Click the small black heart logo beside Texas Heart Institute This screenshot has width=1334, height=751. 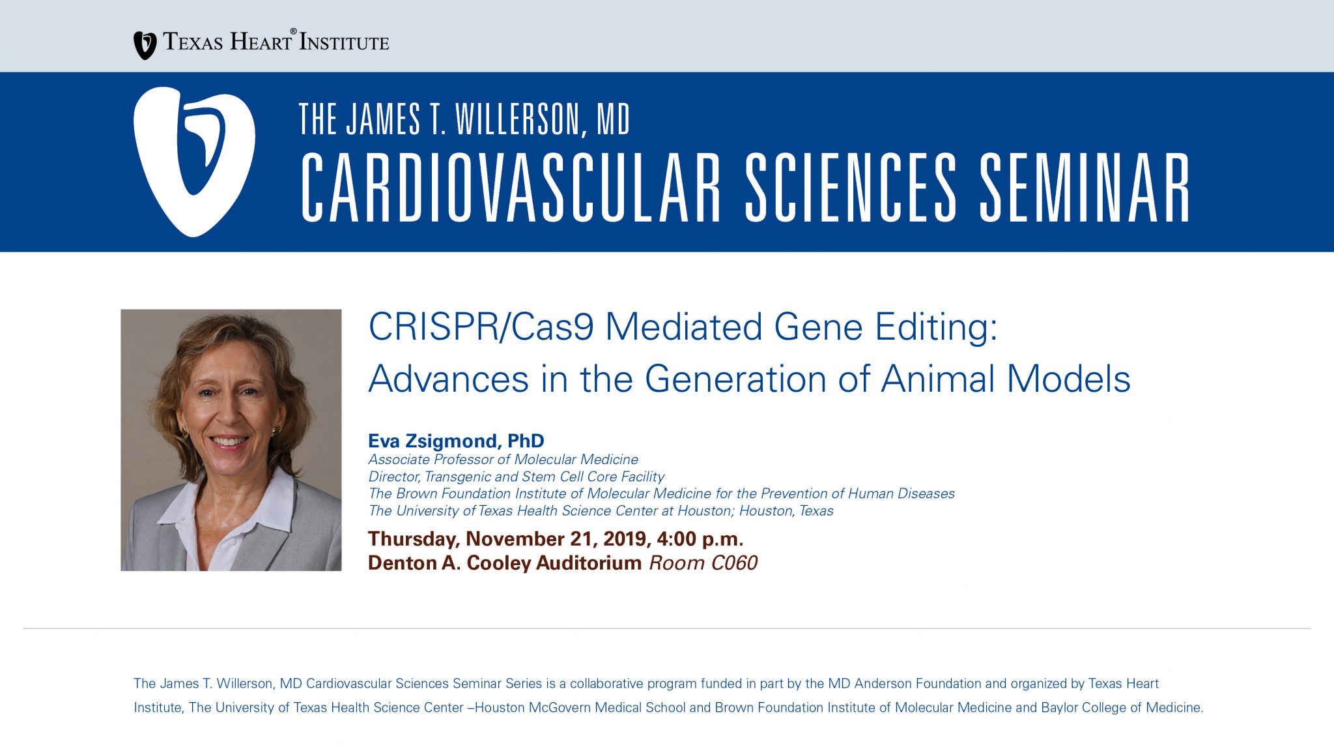(x=145, y=45)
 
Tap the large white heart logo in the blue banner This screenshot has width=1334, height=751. (x=194, y=162)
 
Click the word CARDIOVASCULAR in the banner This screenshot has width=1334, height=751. (x=511, y=188)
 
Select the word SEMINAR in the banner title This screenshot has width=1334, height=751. (x=1085, y=188)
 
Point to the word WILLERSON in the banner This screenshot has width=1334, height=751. (x=517, y=119)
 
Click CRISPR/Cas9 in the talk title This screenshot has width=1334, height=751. (x=481, y=327)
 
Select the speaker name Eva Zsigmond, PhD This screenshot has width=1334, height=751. (x=456, y=441)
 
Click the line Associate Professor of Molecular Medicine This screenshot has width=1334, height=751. (x=503, y=460)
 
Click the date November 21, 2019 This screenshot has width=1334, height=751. (x=556, y=539)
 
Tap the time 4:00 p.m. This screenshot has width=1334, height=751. (x=700, y=539)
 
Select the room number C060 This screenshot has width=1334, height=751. (x=734, y=563)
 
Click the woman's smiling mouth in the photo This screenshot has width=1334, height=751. (x=229, y=441)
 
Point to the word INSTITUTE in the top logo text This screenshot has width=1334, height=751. (x=345, y=43)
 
